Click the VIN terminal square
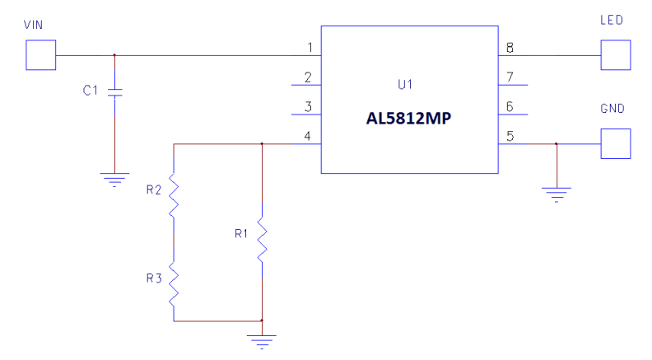pos(40,56)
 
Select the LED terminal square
pos(616,56)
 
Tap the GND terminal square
pos(616,143)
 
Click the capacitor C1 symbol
pos(114,92)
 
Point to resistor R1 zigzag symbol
pos(261,240)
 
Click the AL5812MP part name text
pos(410,119)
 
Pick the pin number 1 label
pos(308,47)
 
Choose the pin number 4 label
pos(308,135)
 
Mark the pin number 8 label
pos(510,47)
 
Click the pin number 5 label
pos(510,135)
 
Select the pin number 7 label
pos(510,77)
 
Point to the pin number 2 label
pos(308,77)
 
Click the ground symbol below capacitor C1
pos(114,177)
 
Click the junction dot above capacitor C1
pos(114,56)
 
